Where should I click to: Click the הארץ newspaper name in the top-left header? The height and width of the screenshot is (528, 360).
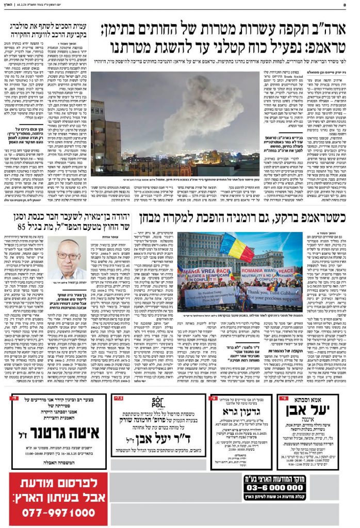9,5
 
